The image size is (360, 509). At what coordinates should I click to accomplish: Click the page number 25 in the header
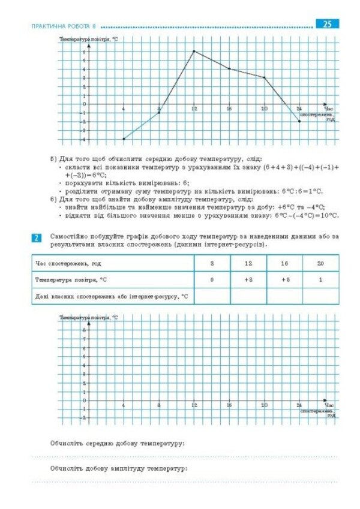pyautogui.click(x=327, y=25)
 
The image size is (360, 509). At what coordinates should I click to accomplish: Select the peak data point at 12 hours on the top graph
pyautogui.click(x=194, y=51)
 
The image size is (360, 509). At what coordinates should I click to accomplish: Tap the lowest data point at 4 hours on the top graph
pyautogui.click(x=124, y=139)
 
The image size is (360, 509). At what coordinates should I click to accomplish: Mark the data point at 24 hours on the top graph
pyautogui.click(x=299, y=122)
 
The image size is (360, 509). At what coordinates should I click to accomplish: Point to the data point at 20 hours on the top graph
pyautogui.click(x=264, y=77)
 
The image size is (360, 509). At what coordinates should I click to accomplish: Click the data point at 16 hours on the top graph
pyautogui.click(x=229, y=68)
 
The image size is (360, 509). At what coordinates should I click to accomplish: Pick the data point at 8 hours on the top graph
pyautogui.click(x=159, y=113)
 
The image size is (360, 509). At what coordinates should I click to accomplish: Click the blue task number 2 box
pyautogui.click(x=36, y=239)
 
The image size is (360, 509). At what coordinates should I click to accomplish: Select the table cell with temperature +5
pyautogui.click(x=284, y=279)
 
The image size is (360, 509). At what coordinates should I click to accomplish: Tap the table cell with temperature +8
pyautogui.click(x=248, y=279)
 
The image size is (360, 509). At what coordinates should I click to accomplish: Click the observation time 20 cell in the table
pyautogui.click(x=320, y=263)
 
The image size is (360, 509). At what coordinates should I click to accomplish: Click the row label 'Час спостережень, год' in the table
pyautogui.click(x=68, y=263)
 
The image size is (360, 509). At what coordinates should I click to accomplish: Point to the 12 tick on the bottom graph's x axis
pyautogui.click(x=194, y=405)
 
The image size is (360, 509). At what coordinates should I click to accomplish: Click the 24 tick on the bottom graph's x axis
pyautogui.click(x=299, y=405)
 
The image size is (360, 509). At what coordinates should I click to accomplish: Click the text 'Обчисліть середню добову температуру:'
pyautogui.click(x=117, y=444)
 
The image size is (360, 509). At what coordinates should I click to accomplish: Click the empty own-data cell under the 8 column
pyautogui.click(x=212, y=296)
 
